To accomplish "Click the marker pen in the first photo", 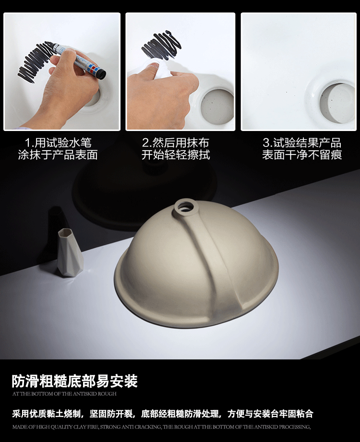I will click(x=79, y=60).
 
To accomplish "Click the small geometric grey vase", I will click(x=70, y=252).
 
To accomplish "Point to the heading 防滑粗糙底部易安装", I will click(x=75, y=381).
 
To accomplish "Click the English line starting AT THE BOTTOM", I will click(x=64, y=394).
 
